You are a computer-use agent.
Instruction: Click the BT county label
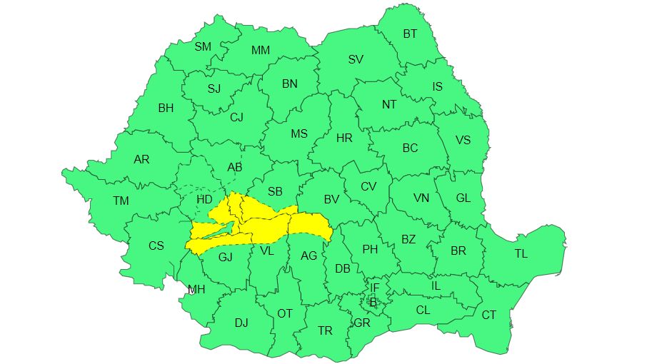[410, 34]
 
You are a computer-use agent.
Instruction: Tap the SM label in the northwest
[203, 46]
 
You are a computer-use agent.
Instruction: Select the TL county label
[521, 253]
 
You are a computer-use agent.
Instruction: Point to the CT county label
[488, 315]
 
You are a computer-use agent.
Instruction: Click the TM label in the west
[121, 201]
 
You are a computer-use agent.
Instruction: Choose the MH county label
[196, 289]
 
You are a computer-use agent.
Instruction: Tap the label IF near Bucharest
[374, 288]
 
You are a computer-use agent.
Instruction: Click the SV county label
[356, 59]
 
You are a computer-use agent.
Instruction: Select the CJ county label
[236, 118]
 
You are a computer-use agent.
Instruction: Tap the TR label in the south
[325, 330]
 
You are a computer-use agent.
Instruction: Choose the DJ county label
[241, 323]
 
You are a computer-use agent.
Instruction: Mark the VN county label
[421, 198]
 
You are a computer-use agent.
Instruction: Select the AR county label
[141, 159]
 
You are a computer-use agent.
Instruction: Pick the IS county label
[438, 86]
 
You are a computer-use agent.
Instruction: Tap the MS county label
[299, 133]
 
